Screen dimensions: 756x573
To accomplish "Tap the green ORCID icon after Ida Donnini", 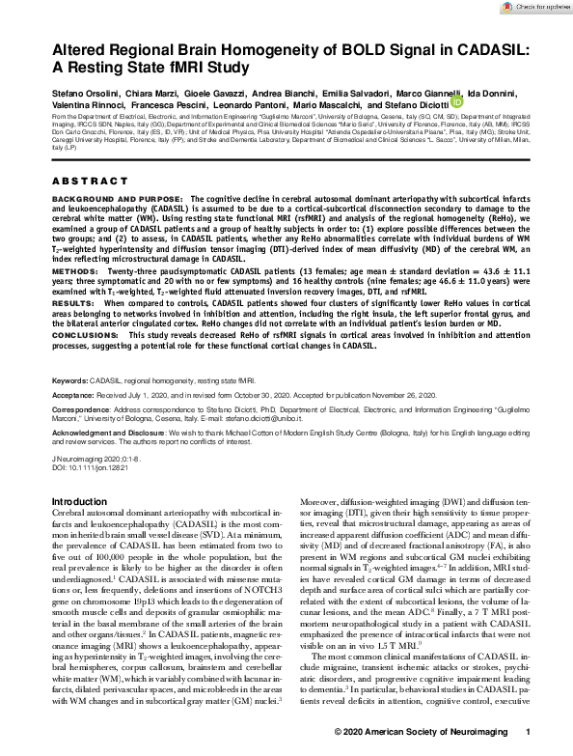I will pos(456,101).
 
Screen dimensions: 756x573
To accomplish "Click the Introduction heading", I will pos(79,502).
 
